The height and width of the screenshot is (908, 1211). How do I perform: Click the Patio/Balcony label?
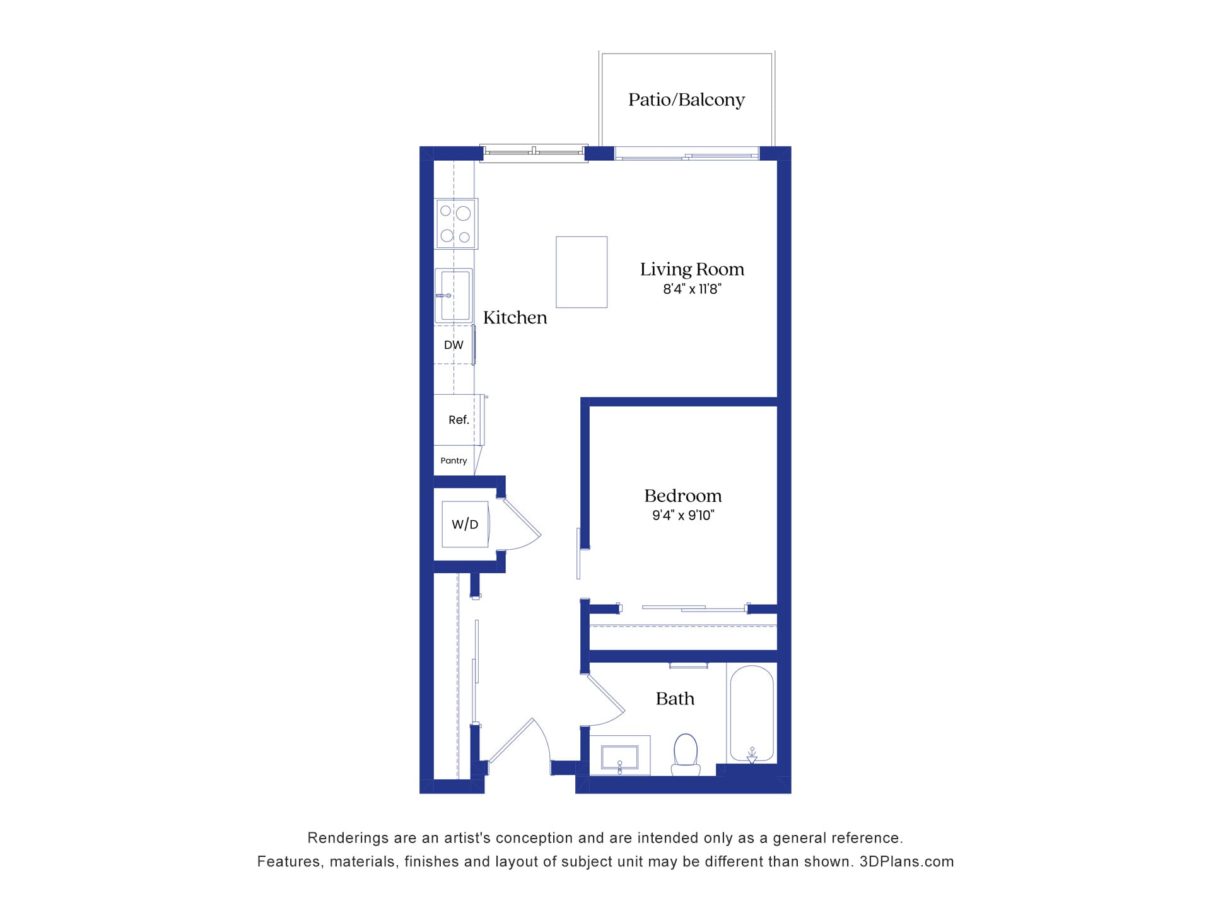[x=686, y=100]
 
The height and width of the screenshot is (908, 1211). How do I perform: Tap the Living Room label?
[x=692, y=269]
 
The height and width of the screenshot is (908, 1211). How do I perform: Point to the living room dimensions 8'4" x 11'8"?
[x=692, y=289]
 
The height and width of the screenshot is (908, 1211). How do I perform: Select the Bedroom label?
[x=682, y=496]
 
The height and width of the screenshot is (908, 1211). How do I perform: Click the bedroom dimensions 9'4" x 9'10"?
[x=682, y=515]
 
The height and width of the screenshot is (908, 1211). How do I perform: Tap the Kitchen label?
[x=515, y=317]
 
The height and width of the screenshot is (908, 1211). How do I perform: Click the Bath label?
[x=675, y=699]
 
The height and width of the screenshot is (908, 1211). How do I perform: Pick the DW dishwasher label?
[x=453, y=345]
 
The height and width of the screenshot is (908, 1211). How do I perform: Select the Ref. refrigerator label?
[x=459, y=420]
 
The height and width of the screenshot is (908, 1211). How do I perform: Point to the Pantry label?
[x=453, y=461]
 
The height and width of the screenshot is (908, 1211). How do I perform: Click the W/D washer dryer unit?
[x=465, y=524]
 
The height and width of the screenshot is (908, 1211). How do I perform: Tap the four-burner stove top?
[x=456, y=224]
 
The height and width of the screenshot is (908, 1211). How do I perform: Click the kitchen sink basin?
[x=454, y=296]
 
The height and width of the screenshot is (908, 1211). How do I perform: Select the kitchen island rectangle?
[x=581, y=272]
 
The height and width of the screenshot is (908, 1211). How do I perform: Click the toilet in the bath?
[x=686, y=754]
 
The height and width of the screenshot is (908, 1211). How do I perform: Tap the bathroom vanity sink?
[x=619, y=757]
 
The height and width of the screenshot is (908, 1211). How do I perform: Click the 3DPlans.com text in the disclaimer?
[x=906, y=861]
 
